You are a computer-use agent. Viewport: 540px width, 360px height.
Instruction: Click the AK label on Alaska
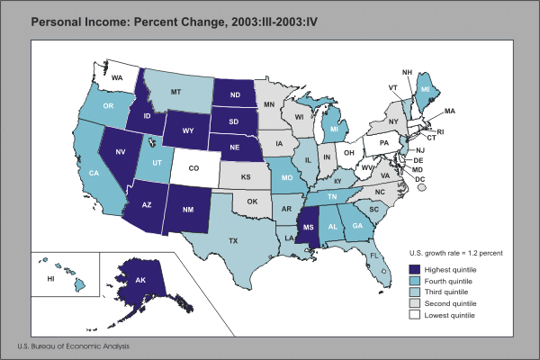click(x=141, y=281)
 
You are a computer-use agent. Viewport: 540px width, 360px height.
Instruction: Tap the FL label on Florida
click(x=373, y=256)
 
